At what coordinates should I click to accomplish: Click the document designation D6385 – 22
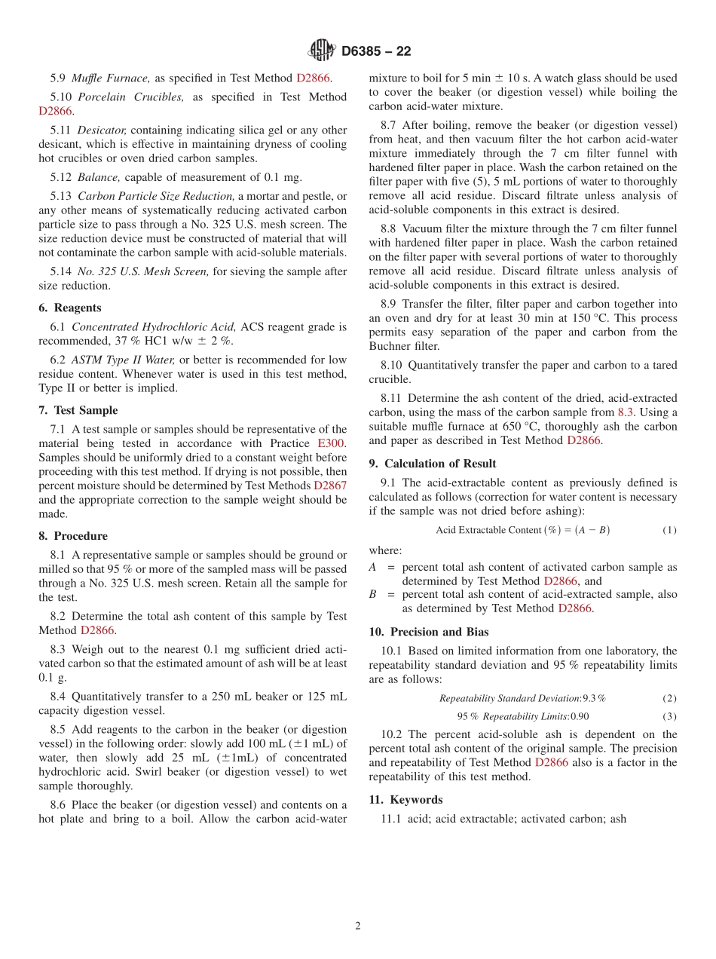(x=376, y=51)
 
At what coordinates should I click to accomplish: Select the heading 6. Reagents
(x=69, y=308)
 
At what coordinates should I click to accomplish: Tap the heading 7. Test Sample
(x=78, y=410)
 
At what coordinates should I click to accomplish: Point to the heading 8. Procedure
(x=72, y=536)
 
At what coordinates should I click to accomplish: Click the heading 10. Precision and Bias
(x=428, y=632)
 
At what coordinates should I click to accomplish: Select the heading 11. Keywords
(x=405, y=799)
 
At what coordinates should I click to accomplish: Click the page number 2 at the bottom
(x=358, y=926)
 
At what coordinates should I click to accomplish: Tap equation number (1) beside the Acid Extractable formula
(x=669, y=530)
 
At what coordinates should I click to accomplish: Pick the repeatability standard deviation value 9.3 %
(x=594, y=698)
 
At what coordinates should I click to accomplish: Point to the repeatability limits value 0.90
(x=580, y=716)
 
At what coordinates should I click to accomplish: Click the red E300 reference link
(x=332, y=443)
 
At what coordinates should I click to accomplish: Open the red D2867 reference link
(x=330, y=486)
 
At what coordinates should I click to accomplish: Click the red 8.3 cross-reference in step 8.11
(x=626, y=412)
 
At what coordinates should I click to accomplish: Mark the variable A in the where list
(x=372, y=567)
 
